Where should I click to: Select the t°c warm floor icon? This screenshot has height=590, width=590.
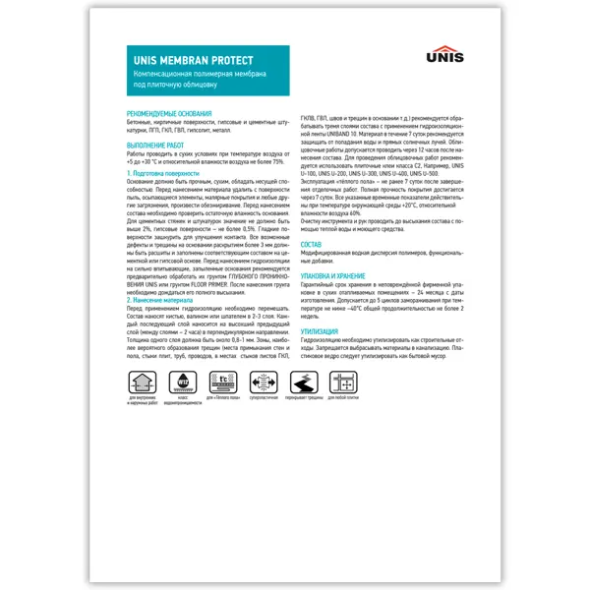[x=225, y=383]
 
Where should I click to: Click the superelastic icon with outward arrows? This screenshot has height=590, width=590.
[x=267, y=383]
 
